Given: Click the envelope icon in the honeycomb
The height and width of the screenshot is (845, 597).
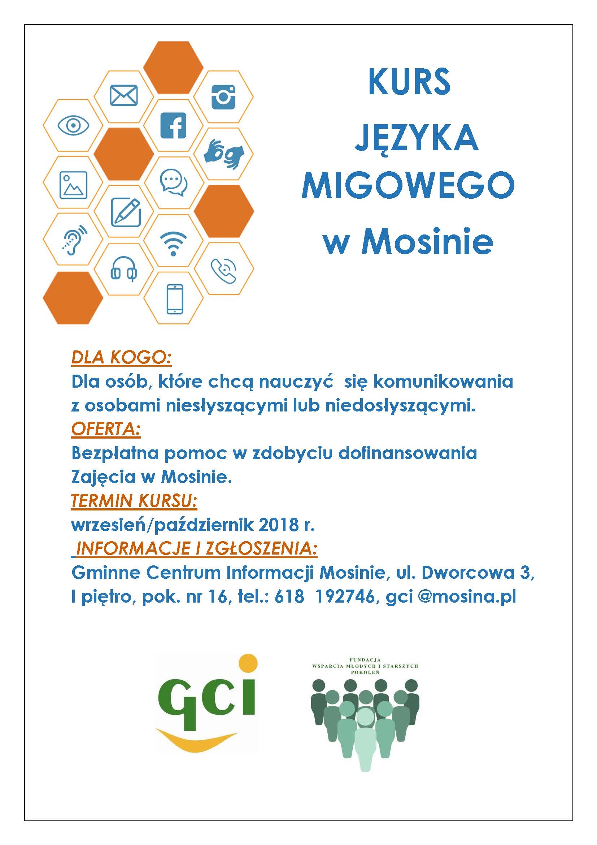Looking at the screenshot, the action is coord(124,96).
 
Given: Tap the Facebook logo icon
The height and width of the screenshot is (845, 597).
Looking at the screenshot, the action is coord(174,125).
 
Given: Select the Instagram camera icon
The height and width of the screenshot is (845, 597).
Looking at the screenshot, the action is coord(223,97).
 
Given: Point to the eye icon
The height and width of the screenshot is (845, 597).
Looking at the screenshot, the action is coord(74,126).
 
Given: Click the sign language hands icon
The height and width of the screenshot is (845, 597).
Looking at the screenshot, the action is coord(224,154).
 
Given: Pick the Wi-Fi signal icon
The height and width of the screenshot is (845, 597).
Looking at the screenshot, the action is coord(174,243).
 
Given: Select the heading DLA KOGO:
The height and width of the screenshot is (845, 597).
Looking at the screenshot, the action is coord(121,358).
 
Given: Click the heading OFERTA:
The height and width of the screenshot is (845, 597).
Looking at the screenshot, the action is coord(106,430).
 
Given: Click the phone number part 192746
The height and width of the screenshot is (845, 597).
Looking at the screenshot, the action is coord(345,596).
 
